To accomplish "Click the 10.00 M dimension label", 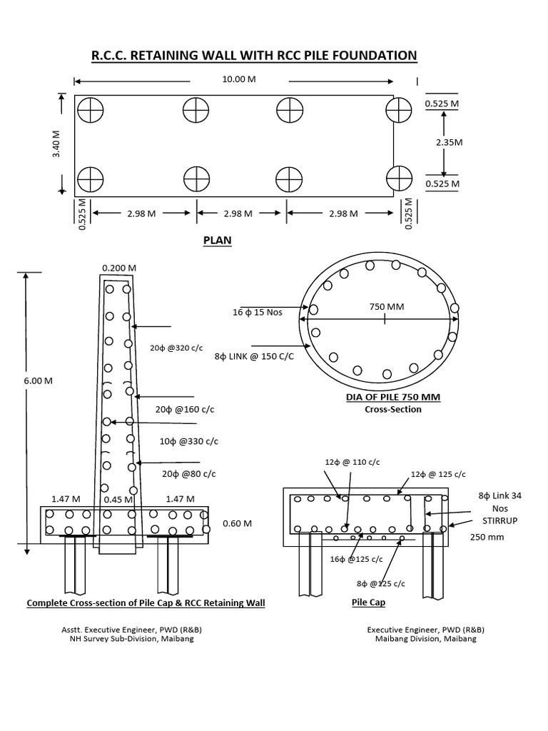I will [x=238, y=79].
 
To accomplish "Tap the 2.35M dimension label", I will [x=450, y=142].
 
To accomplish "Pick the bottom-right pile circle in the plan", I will [x=399, y=178].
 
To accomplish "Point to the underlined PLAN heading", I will [x=218, y=241].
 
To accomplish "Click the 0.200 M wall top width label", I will [x=119, y=268].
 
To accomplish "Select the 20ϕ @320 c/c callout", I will [x=173, y=348].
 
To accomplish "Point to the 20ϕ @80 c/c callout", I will [x=189, y=474].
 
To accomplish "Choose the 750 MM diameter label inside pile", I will [x=386, y=307].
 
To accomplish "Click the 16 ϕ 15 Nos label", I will [x=255, y=311].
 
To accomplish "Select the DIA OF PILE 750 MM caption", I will [x=393, y=398].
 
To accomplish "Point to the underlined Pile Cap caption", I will [x=368, y=603].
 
